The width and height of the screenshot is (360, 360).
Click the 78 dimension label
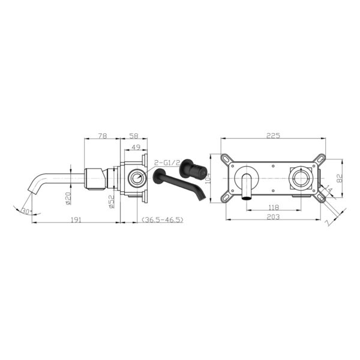click(103, 136)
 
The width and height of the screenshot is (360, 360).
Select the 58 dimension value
click(134, 136)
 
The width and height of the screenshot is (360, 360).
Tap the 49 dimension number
click(136, 148)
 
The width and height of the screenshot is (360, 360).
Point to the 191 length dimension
click(76, 220)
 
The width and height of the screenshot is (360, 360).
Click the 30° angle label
click(27, 211)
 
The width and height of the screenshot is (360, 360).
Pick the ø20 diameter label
click(68, 198)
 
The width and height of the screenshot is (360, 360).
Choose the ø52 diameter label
click(112, 202)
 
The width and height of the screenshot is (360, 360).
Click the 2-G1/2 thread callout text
click(167, 163)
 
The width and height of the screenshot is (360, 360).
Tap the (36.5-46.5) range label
click(163, 220)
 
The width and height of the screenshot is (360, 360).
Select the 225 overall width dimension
click(273, 136)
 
